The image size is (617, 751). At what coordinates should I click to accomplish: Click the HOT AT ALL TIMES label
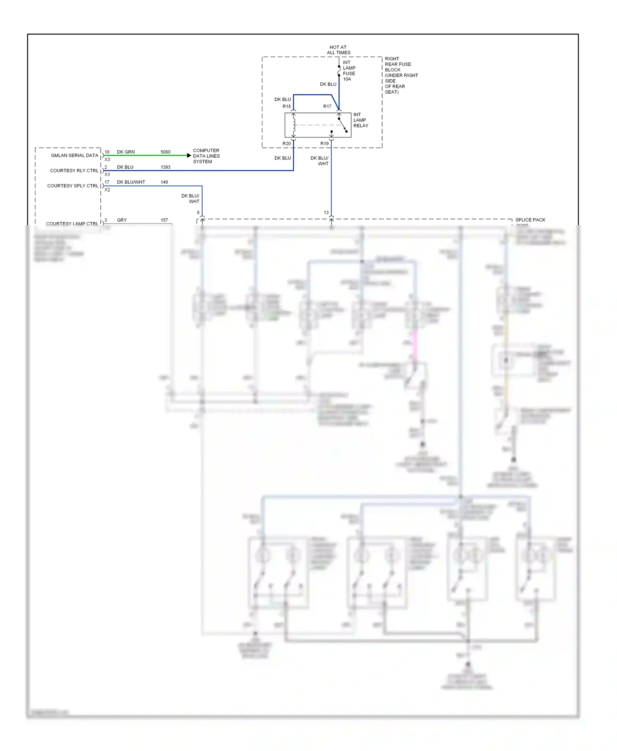339,50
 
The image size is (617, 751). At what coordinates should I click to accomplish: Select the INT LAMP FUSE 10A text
349,71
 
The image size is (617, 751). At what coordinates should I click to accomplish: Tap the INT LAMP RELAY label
360,120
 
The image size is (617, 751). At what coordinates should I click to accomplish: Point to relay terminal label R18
286,106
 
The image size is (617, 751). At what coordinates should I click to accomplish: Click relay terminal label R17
327,106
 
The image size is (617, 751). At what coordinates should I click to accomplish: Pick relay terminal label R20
286,143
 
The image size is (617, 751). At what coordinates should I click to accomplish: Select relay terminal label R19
325,143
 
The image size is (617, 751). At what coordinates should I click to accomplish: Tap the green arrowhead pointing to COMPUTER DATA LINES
189,155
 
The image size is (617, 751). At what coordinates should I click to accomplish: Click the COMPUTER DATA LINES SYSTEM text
206,156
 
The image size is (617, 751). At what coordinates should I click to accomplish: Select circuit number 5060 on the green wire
165,152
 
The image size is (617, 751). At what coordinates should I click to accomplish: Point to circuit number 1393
165,167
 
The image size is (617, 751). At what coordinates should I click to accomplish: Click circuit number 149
164,182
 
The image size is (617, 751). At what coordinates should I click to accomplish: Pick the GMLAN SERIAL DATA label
74,155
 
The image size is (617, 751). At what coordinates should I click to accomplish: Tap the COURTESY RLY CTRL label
74,170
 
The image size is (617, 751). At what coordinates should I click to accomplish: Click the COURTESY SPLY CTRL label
73,186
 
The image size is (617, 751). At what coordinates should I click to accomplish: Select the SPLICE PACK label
530,220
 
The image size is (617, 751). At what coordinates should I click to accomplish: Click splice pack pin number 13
326,212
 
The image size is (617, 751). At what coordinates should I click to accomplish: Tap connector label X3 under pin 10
107,159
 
